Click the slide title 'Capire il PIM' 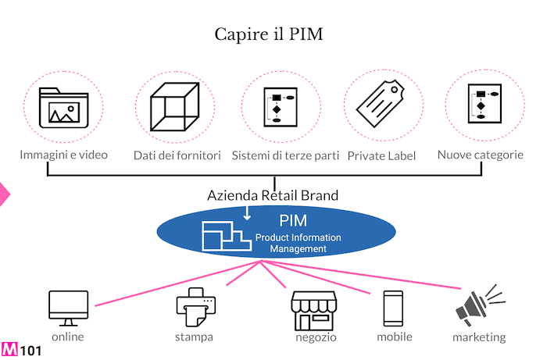click(x=269, y=34)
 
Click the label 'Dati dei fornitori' click(x=177, y=155)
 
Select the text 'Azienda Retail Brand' click(x=273, y=195)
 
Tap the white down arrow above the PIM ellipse click(x=247, y=212)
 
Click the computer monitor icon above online click(x=68, y=308)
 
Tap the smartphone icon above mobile click(x=393, y=308)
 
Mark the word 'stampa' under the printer click(x=195, y=337)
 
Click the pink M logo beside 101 click(x=11, y=349)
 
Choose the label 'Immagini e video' click(x=63, y=155)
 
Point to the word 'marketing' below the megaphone click(x=479, y=337)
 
